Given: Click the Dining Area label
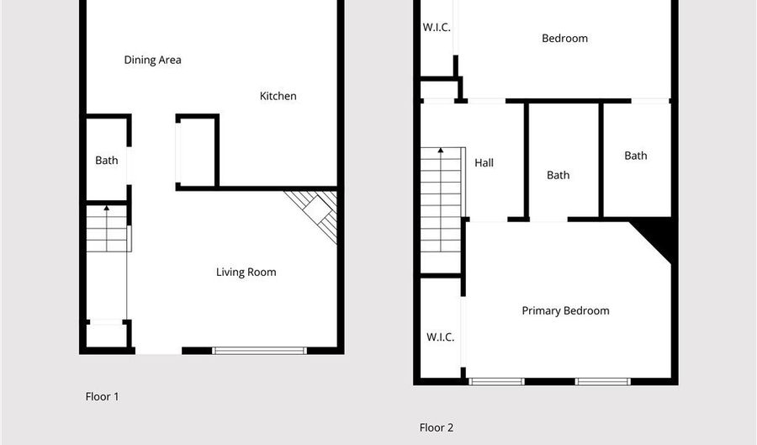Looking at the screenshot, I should [152, 60].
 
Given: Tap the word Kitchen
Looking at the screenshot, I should [278, 96].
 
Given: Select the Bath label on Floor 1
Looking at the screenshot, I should [107, 160].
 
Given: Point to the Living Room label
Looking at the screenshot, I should [246, 272].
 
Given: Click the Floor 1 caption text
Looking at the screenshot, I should [102, 395].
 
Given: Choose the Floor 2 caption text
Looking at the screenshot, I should [437, 427].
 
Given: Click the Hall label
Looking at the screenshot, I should [484, 162].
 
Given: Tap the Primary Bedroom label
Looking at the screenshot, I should [565, 310].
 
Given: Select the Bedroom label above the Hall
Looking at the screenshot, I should [564, 38].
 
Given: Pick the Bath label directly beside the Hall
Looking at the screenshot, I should [558, 175].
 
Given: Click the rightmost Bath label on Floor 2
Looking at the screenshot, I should [636, 156].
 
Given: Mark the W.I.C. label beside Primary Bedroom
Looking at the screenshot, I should [440, 336].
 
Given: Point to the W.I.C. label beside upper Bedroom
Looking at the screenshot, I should [437, 27].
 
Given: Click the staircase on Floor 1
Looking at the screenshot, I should [106, 228].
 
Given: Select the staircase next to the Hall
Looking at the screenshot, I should [441, 202].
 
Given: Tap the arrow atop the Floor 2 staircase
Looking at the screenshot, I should [441, 151].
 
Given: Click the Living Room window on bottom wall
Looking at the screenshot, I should [259, 350].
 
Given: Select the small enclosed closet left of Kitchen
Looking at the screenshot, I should [197, 151].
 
